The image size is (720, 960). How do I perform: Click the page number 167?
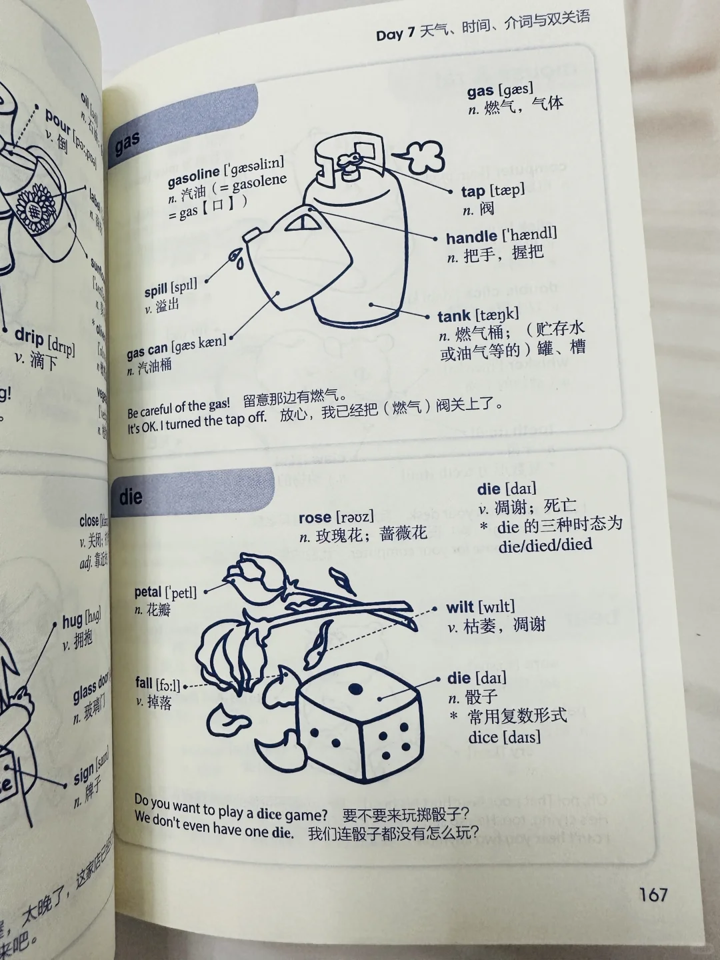[653, 894]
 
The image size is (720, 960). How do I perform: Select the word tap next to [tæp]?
[473, 192]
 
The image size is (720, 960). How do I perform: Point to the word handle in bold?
[471, 238]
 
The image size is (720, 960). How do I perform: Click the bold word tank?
[455, 316]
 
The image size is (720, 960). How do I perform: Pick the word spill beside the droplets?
[156, 291]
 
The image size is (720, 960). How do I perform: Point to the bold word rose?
[315, 518]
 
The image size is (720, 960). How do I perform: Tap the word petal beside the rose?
[148, 592]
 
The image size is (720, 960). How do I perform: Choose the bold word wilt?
[460, 607]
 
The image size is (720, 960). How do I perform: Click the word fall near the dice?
[143, 683]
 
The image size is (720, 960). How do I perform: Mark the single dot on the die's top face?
[355, 688]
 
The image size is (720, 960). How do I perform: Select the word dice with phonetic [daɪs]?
[483, 737]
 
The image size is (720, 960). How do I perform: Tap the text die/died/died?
[545, 545]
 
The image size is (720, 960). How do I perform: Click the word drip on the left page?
[29, 337]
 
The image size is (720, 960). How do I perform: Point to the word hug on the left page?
[71, 622]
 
